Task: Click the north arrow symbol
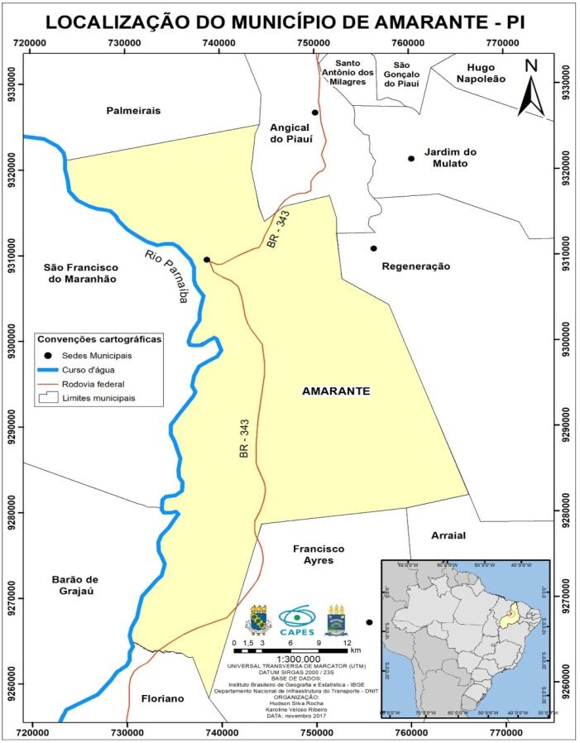pyautogui.click(x=530, y=88)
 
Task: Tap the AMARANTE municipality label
pyautogui.click(x=335, y=391)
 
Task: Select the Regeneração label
pyautogui.click(x=415, y=266)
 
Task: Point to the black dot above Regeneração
pyautogui.click(x=374, y=248)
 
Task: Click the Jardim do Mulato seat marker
pyautogui.click(x=410, y=159)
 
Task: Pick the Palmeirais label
pyautogui.click(x=133, y=110)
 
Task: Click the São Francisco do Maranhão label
pyautogui.click(x=80, y=273)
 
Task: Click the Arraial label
pyautogui.click(x=448, y=536)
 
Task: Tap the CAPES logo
pyautogui.click(x=295, y=617)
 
